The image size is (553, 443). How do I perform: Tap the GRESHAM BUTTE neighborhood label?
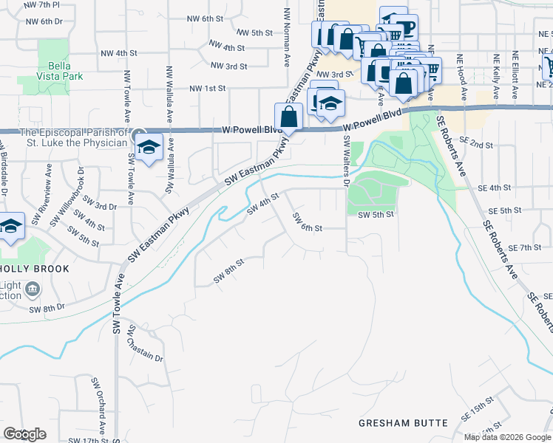tap(403, 423)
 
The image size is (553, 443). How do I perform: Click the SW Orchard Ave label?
tap(98, 407)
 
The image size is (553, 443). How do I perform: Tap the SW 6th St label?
tap(308, 222)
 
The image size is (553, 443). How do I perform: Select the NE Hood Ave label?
tap(462, 78)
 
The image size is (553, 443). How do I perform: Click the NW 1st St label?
tap(207, 89)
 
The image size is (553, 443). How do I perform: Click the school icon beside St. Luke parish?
tap(149, 148)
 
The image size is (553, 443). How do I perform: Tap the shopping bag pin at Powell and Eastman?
tap(288, 117)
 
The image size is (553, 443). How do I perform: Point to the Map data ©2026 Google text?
tap(507, 437)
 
